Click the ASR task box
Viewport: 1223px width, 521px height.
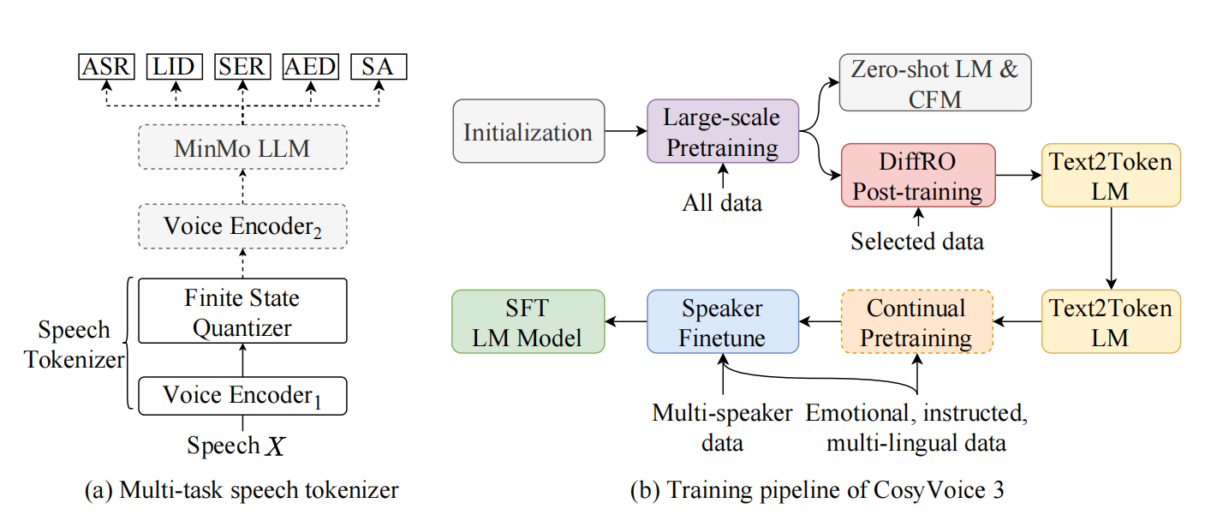[107, 66]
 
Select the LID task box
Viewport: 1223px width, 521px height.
[176, 66]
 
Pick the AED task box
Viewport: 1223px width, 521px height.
[311, 66]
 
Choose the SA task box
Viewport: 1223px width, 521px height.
[379, 66]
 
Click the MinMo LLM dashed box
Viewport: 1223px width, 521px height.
[242, 149]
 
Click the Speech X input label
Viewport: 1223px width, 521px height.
[236, 446]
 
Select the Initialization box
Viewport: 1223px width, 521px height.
[528, 132]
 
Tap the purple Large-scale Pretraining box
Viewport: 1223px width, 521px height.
[723, 132]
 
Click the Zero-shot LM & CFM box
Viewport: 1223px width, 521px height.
[935, 83]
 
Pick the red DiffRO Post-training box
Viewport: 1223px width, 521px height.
[918, 175]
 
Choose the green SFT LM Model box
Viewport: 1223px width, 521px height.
[528, 321]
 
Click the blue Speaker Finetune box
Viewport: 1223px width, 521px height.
[723, 321]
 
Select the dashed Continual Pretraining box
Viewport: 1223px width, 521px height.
[916, 321]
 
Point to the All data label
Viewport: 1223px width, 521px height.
[723, 203]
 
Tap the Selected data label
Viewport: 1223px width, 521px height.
[917, 242]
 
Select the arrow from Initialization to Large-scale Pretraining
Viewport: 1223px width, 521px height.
[626, 132]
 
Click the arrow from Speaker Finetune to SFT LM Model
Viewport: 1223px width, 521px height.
[625, 321]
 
